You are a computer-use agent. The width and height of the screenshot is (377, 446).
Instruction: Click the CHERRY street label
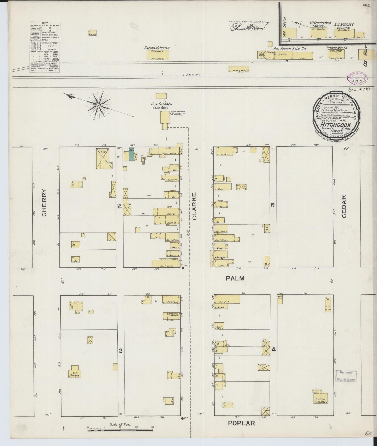pos(44,202)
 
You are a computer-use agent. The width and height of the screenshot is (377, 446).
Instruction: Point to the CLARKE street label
pos(194,206)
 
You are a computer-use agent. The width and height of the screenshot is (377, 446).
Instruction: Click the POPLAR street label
pos(241,423)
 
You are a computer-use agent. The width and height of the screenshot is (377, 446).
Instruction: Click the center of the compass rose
pos(99,105)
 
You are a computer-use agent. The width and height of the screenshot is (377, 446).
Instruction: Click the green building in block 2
pos(131,154)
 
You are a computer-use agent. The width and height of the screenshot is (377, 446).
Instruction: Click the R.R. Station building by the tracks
pos(238,69)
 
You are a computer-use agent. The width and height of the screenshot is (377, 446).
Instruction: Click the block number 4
pos(273,349)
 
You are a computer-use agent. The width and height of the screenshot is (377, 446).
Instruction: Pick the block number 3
pos(121,351)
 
